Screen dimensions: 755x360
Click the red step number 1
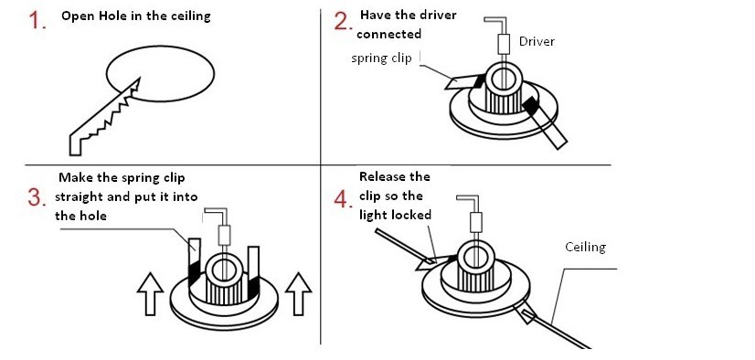coord(37,20)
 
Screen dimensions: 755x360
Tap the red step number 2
coord(344,20)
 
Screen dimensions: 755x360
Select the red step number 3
coord(37,197)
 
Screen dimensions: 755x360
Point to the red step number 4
coord(344,198)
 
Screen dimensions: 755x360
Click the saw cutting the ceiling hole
coord(104,119)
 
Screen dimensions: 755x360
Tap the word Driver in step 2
coord(537,41)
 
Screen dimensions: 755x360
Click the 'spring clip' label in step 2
coord(381,58)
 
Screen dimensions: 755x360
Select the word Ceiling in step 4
coord(585,247)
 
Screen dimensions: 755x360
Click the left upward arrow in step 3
coord(151,294)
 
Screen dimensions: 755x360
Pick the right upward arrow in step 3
coord(298,294)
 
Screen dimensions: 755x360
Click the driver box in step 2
coord(503,44)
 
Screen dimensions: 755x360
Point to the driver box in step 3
coord(224,236)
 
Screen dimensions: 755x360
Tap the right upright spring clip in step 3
coord(253,271)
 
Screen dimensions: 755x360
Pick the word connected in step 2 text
coord(389,34)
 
